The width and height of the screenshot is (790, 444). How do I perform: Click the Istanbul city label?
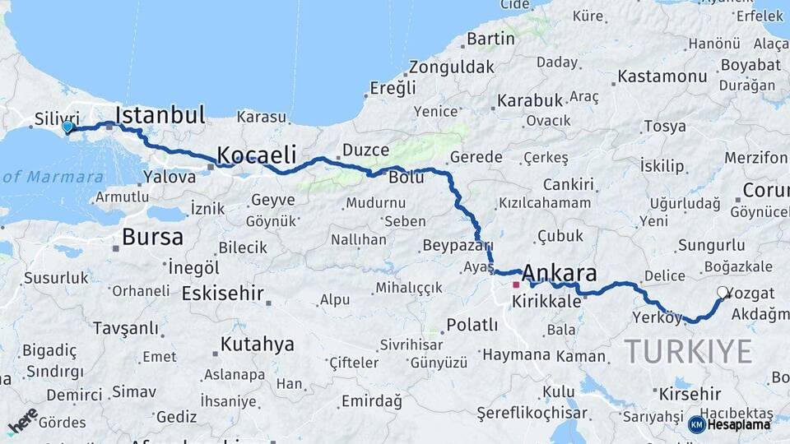tap(160, 115)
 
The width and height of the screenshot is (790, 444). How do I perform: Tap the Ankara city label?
tap(559, 274)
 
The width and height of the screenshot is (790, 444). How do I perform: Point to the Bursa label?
tap(152, 238)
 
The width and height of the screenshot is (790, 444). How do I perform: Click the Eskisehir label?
tap(222, 293)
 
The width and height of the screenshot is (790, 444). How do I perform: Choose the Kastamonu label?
tap(662, 76)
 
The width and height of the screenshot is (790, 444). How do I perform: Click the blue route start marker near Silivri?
tap(67, 127)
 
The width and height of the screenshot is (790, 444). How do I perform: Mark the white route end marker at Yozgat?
tap(723, 292)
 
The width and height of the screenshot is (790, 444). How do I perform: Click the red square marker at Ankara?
tap(516, 284)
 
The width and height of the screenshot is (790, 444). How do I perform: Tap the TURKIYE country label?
tap(688, 352)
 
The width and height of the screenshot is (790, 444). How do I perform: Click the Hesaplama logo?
tap(730, 424)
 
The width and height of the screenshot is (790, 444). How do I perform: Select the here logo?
tap(22, 421)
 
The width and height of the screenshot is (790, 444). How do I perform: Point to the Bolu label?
tap(407, 177)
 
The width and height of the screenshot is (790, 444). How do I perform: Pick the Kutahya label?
tap(257, 345)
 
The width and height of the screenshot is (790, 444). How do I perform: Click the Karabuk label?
tap(530, 101)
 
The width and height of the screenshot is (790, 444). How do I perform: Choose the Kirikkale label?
tap(546, 302)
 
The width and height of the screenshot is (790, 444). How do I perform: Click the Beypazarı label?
tap(457, 245)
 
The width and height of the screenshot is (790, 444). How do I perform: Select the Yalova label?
tap(170, 177)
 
